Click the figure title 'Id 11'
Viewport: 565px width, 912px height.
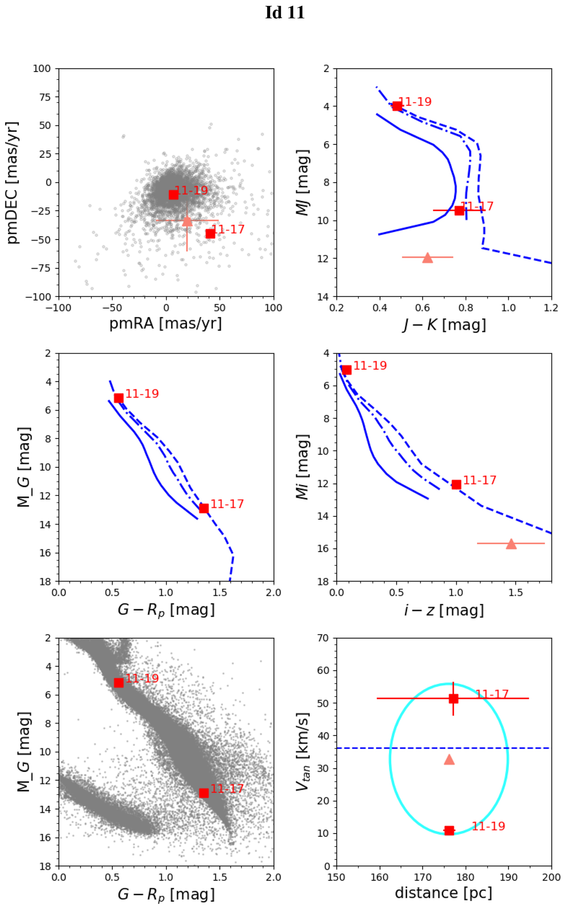285,13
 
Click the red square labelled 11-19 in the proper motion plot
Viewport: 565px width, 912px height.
173,194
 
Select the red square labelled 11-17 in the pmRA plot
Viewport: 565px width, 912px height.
210,233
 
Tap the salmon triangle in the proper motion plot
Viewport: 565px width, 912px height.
187,221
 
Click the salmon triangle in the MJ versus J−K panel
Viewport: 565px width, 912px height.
427,257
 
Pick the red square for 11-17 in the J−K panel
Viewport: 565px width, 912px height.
459,210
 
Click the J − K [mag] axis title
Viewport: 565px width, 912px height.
444,325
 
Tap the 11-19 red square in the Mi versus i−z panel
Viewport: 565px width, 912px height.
347,370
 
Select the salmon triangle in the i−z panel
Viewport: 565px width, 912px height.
511,544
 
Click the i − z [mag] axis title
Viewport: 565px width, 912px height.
444,610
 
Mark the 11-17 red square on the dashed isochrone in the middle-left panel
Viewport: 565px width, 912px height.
204,508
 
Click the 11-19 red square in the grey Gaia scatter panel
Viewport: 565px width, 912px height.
119,682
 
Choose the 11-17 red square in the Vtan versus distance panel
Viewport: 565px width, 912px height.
453,698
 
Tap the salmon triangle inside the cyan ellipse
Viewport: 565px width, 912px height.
449,760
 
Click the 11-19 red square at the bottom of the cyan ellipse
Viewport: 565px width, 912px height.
449,831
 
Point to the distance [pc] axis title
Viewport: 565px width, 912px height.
444,893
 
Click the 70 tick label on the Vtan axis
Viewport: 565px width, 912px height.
323,638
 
